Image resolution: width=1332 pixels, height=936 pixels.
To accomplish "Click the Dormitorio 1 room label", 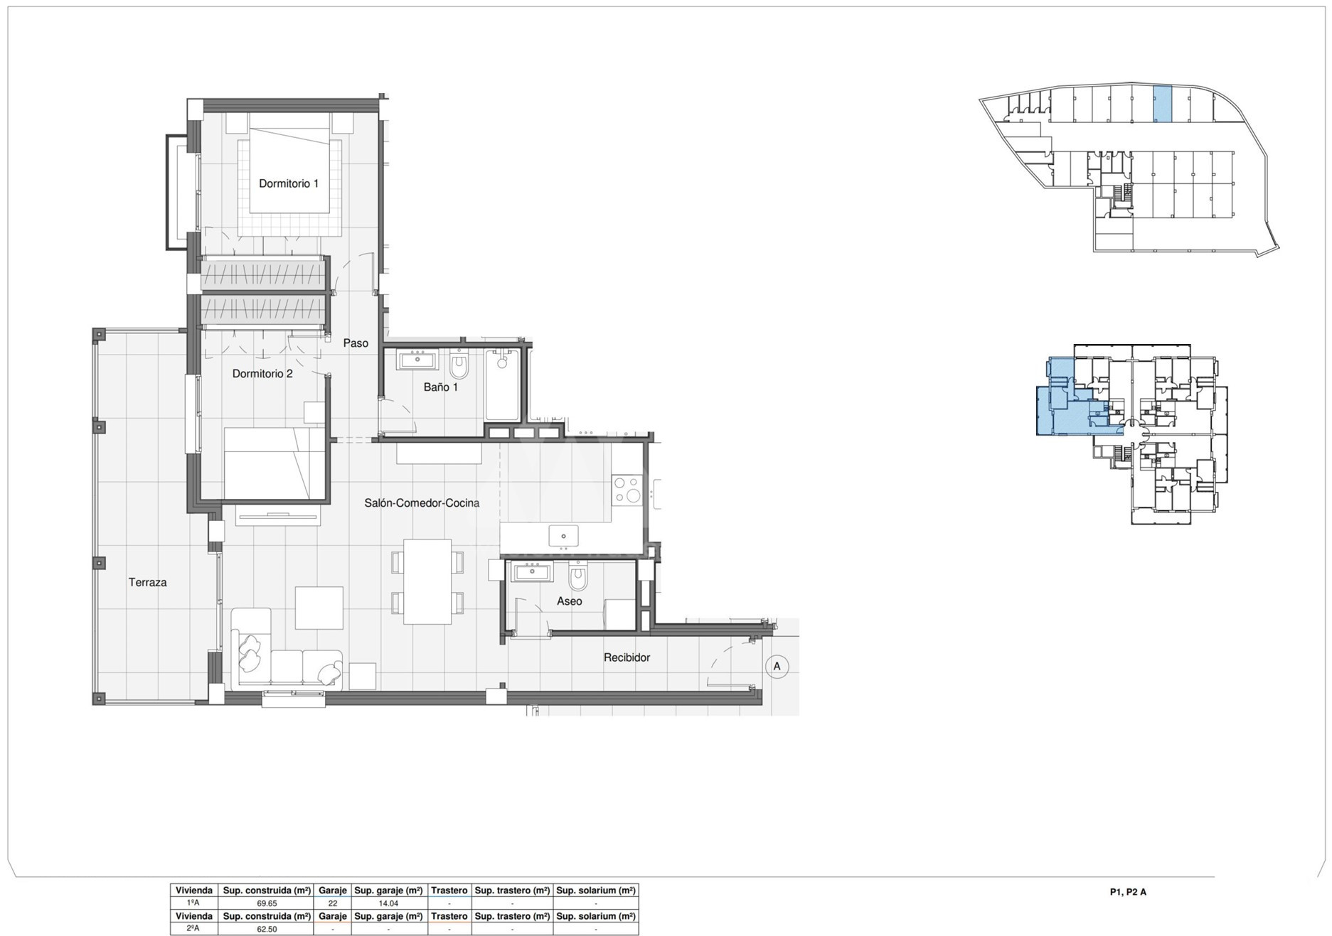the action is [288, 183].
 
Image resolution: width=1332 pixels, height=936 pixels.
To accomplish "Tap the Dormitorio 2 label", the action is [262, 373].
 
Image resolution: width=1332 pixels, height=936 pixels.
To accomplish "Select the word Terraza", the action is [148, 582].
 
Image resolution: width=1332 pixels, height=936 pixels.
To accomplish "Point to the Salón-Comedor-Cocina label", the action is [422, 502].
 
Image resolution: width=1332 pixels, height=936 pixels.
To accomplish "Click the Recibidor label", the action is [627, 657].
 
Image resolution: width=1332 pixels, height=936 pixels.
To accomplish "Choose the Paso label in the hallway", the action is [356, 343].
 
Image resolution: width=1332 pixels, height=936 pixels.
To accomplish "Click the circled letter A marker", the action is [777, 666].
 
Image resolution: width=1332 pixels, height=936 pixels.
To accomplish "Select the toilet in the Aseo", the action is [579, 577].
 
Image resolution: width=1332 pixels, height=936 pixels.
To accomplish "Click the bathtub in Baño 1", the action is [503, 384].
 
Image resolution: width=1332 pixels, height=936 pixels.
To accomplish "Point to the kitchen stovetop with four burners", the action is [627, 490].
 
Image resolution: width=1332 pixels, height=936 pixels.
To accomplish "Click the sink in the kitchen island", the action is [563, 537].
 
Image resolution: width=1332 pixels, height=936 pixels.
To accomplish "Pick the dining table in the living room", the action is [427, 581].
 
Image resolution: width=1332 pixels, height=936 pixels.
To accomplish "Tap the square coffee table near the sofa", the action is [319, 608].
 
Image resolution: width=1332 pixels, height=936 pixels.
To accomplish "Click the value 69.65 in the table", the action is [267, 903].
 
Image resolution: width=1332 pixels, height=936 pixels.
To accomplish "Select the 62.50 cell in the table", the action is [267, 929].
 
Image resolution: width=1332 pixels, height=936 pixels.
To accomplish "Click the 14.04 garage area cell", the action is [388, 903].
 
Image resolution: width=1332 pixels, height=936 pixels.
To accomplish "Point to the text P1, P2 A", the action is [1128, 892].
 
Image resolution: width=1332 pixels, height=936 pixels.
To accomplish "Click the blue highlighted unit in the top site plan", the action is [1161, 104].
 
